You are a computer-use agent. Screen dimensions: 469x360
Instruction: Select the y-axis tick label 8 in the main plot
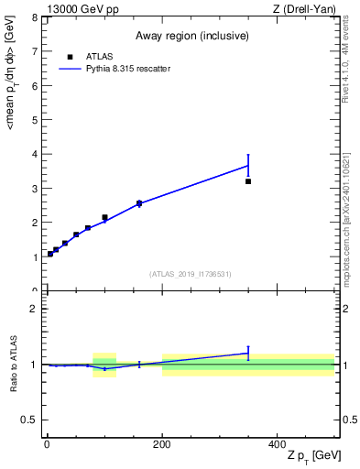pyautogui.click(x=35, y=17)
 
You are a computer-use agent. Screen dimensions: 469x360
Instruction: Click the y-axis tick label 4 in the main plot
pyautogui.click(x=35, y=154)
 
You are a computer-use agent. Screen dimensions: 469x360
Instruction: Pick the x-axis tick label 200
pyautogui.click(x=162, y=444)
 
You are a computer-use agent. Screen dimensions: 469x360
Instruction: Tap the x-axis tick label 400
pyautogui.click(x=278, y=444)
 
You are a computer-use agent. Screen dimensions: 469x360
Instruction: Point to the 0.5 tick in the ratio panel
pyautogui.click(x=31, y=420)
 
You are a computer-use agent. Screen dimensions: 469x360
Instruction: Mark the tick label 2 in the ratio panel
pyautogui.click(x=35, y=309)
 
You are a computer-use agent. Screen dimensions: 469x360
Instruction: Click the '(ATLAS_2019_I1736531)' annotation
pyautogui.click(x=191, y=274)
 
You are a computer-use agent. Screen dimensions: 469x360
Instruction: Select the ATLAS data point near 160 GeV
pyautogui.click(x=139, y=203)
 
